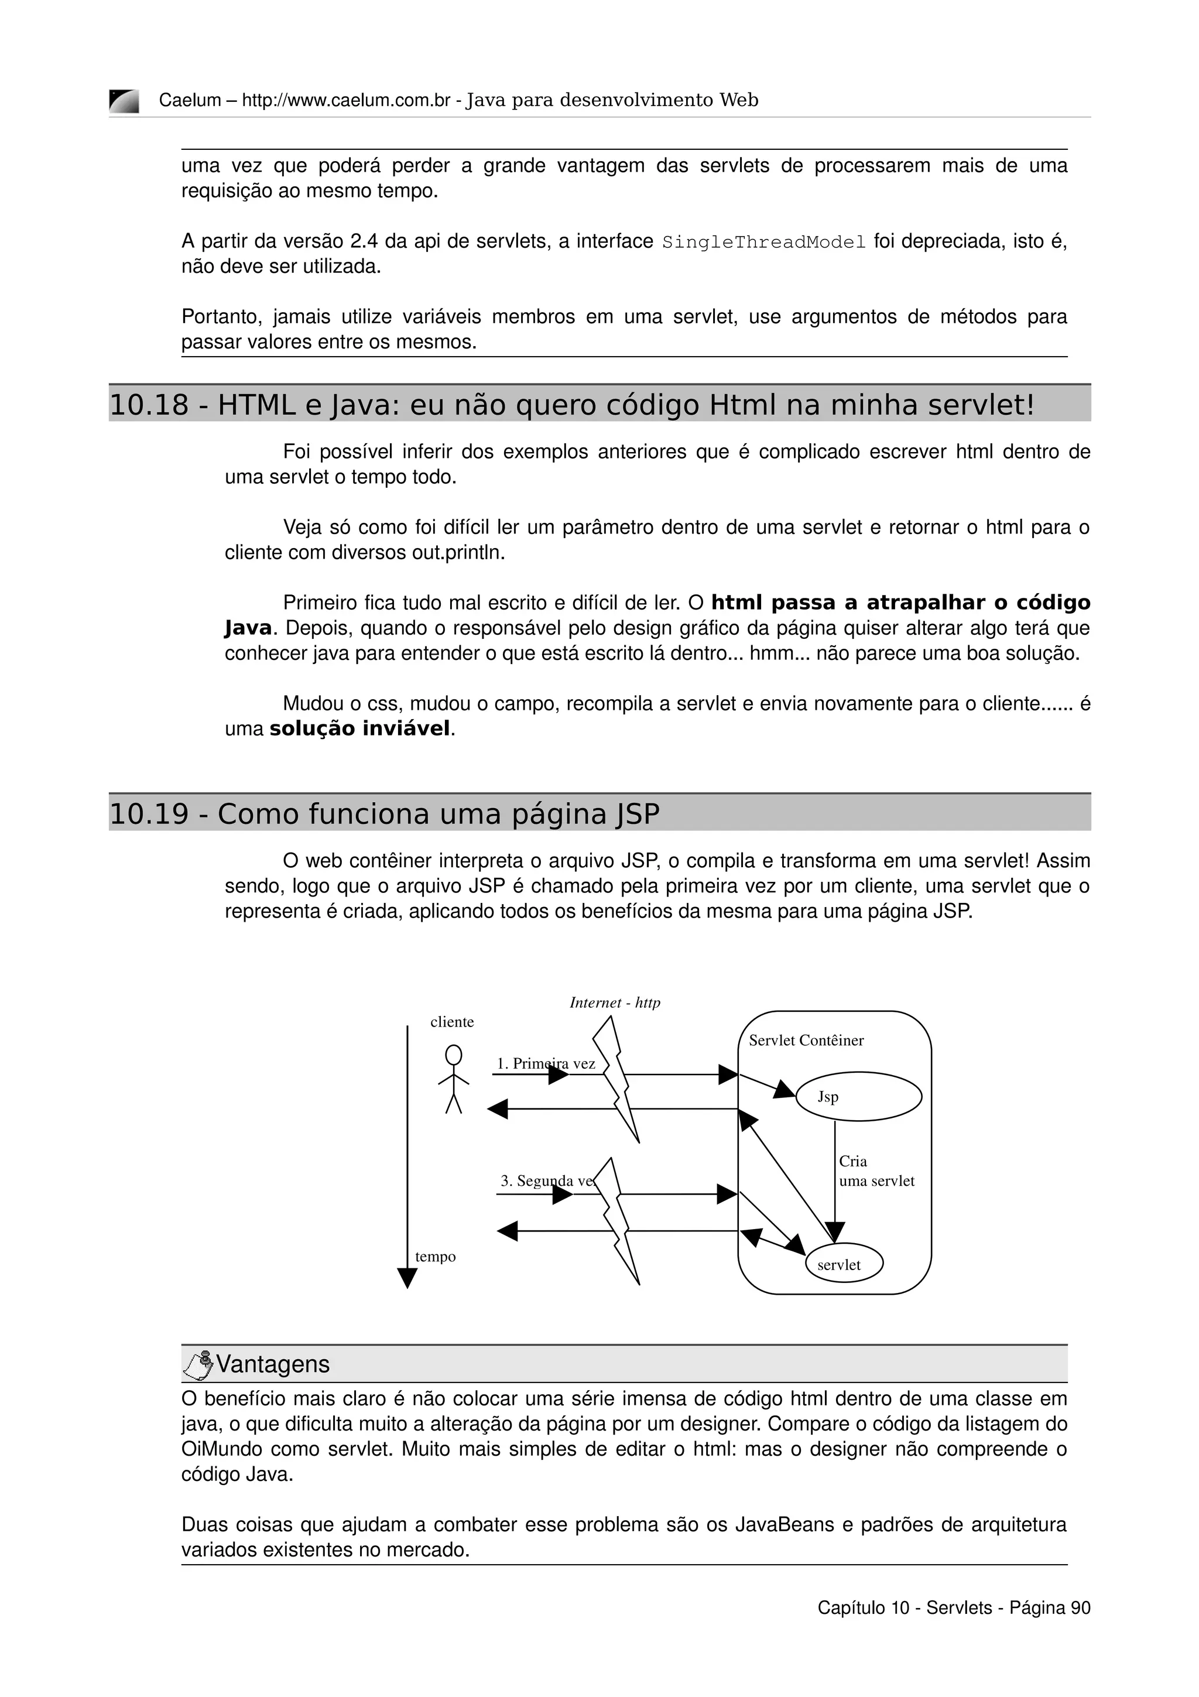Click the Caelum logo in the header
(x=124, y=101)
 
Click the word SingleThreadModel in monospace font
(x=763, y=242)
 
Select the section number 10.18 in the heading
(x=149, y=405)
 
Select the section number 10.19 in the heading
(x=149, y=814)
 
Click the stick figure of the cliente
(x=454, y=1080)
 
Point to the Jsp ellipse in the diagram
(x=858, y=1097)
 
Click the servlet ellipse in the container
(x=844, y=1265)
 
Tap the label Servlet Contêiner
(x=806, y=1041)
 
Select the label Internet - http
(x=615, y=1003)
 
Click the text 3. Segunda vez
(x=547, y=1181)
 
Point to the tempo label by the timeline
(x=435, y=1257)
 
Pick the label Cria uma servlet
(x=876, y=1172)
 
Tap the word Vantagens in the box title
(x=273, y=1364)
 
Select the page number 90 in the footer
(x=1080, y=1607)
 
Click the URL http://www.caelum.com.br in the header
(x=346, y=101)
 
